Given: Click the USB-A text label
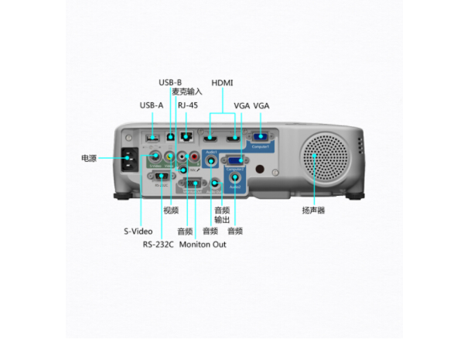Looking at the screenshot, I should tap(152, 105).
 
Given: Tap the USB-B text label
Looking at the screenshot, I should tap(170, 82).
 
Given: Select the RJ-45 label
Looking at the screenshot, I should tap(188, 105).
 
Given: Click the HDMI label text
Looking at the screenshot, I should tap(222, 82).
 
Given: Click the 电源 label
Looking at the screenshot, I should tap(89, 159).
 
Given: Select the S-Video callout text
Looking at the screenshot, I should tap(138, 231).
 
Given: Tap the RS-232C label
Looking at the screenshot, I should tap(158, 245).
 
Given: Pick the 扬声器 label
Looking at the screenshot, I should tap(313, 211).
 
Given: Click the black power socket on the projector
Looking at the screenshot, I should tap(128, 161).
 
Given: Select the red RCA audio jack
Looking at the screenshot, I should tap(194, 156).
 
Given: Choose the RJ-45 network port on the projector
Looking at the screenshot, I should tap(186, 137).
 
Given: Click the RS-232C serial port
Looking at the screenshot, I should tap(162, 177).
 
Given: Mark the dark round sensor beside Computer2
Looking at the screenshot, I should tap(260, 169).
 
